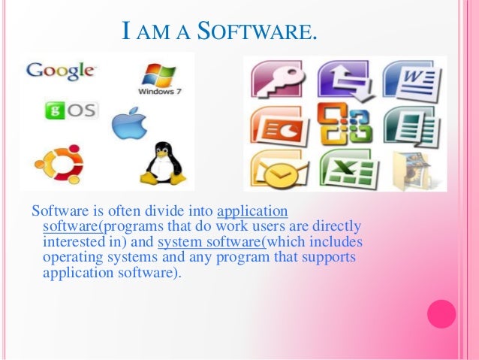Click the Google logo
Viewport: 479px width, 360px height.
coord(61,71)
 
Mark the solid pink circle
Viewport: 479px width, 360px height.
coord(441,313)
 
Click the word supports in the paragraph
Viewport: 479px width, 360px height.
coord(331,257)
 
